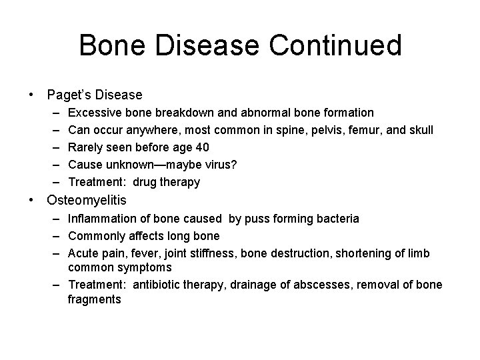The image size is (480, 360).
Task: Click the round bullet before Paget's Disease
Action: pos(32,95)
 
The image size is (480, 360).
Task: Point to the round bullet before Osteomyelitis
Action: pos(32,200)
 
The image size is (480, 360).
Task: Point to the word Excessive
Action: pos(95,113)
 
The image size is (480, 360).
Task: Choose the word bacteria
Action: pos(336,219)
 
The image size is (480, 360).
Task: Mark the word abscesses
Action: pos(315,285)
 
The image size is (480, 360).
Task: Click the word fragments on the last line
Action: pos(94,299)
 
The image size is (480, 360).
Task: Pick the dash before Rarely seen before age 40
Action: pos(53,147)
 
